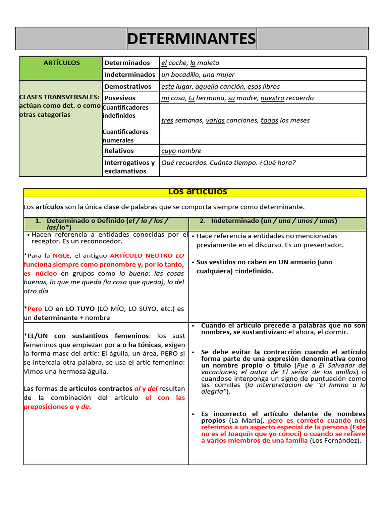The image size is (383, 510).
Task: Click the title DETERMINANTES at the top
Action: pyautogui.click(x=191, y=38)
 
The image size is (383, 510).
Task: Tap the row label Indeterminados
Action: pyautogui.click(x=130, y=75)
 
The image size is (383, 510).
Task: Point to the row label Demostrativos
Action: pyautogui.click(x=128, y=86)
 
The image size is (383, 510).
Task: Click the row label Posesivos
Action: pyautogui.click(x=120, y=98)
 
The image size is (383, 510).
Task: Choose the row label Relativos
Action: pyautogui.click(x=119, y=151)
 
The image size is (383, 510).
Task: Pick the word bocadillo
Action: pyautogui.click(x=187, y=75)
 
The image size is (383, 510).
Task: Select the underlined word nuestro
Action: pyautogui.click(x=274, y=98)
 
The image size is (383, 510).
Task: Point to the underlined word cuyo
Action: pyautogui.click(x=168, y=151)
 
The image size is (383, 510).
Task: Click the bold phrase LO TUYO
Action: pyautogui.click(x=80, y=309)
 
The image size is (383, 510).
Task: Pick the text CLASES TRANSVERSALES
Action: pyautogui.click(x=59, y=97)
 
